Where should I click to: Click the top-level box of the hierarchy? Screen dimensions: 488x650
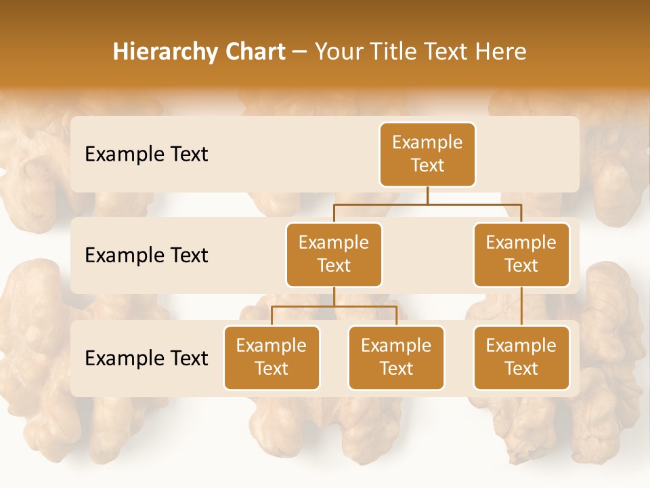coord(427,154)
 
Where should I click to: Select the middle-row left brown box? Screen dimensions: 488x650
coord(334,254)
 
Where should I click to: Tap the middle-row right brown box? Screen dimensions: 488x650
coord(521,254)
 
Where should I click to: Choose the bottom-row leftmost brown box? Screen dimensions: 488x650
coord(272,357)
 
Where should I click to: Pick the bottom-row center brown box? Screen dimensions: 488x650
coord(396,357)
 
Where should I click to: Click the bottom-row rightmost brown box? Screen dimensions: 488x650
coord(521,357)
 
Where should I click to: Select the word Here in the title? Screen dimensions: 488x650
coord(500,52)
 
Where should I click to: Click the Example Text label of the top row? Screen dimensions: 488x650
coord(146,154)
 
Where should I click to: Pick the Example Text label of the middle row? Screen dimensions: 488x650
coord(146,255)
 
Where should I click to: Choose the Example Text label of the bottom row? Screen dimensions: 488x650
coord(146,358)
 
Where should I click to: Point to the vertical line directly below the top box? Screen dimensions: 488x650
coord(427,195)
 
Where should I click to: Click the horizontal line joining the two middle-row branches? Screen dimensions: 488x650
coord(427,203)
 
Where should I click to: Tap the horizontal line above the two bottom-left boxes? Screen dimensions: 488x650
coord(334,306)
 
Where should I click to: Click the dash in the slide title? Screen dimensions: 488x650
coord(300,52)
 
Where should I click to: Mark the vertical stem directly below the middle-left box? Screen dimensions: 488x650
coord(334,296)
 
